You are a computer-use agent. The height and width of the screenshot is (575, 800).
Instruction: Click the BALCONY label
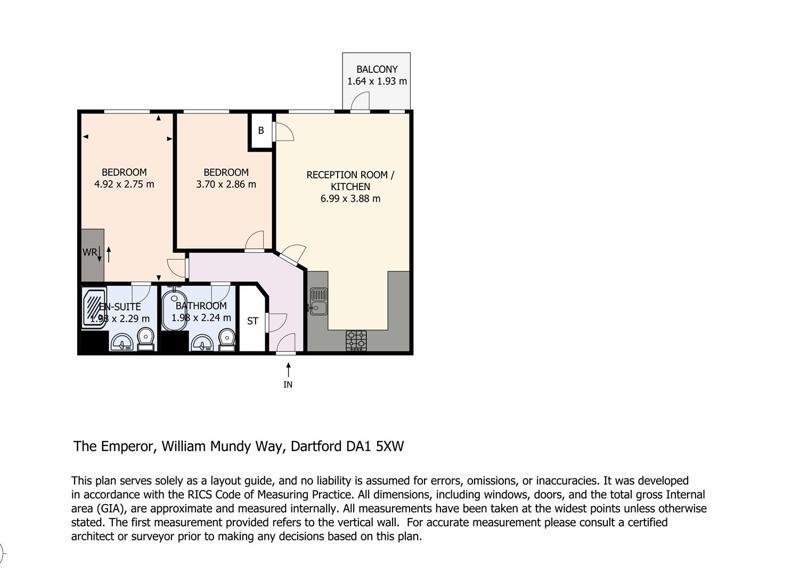point(377,69)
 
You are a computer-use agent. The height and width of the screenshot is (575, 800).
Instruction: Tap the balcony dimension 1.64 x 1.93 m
point(377,81)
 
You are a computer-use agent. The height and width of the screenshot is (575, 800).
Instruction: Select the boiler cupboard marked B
point(261,130)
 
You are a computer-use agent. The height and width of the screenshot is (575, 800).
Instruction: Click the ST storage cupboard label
point(252,321)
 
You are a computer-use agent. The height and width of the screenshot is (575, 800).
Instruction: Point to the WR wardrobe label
point(89,252)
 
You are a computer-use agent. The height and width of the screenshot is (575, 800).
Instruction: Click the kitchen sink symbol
point(317,301)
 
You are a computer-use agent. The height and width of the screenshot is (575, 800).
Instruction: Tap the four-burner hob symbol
point(356,340)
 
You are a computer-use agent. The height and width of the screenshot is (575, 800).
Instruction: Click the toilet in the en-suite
point(145,339)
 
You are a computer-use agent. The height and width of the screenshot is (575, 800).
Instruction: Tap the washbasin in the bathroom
point(202,343)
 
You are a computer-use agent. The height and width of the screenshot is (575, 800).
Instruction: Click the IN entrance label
point(288,384)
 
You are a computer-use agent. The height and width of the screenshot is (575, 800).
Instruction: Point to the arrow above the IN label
point(288,369)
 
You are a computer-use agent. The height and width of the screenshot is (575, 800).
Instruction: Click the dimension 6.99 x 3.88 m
point(350,199)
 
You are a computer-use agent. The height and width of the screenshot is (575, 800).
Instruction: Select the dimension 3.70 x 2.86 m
point(226,185)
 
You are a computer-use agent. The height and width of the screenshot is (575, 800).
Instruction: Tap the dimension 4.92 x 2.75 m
point(124,184)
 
